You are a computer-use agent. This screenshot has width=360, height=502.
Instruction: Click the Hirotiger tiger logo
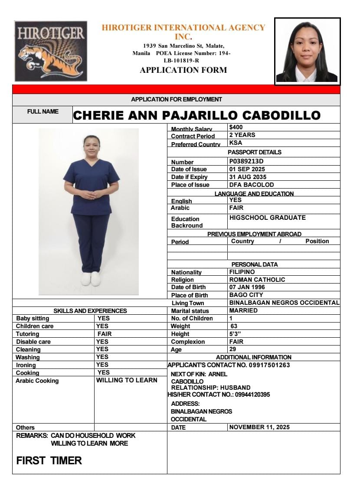pos(51,51)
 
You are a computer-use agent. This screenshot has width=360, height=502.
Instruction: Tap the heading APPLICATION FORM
pos(183,70)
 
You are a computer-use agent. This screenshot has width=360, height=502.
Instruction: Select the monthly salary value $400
pos(236,127)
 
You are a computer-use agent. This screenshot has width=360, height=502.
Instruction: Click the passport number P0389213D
pos(246,161)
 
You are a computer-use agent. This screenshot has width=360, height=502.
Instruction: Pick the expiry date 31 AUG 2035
pos(248,177)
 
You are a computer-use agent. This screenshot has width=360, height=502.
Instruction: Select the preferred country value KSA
pos(236,143)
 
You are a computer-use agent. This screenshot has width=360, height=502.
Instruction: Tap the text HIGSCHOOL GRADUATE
pos(267,218)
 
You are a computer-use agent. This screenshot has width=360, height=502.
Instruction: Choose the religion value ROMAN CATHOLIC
pos(257,280)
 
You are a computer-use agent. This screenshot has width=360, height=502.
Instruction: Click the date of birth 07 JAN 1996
pos(247,287)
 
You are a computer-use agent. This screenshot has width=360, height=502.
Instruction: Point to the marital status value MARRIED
pos(243,310)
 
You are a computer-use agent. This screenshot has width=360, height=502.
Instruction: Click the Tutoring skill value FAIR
pos(105,334)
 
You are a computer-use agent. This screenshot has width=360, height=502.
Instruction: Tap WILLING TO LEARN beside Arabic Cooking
pos(127,380)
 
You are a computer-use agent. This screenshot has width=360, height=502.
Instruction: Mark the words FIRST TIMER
pos(49,460)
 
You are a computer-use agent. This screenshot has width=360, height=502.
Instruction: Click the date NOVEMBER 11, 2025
pos(259,427)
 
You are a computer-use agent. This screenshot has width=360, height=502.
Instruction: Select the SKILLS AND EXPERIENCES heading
pos(90,311)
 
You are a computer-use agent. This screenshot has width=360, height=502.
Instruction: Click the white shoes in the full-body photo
pos(91,279)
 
